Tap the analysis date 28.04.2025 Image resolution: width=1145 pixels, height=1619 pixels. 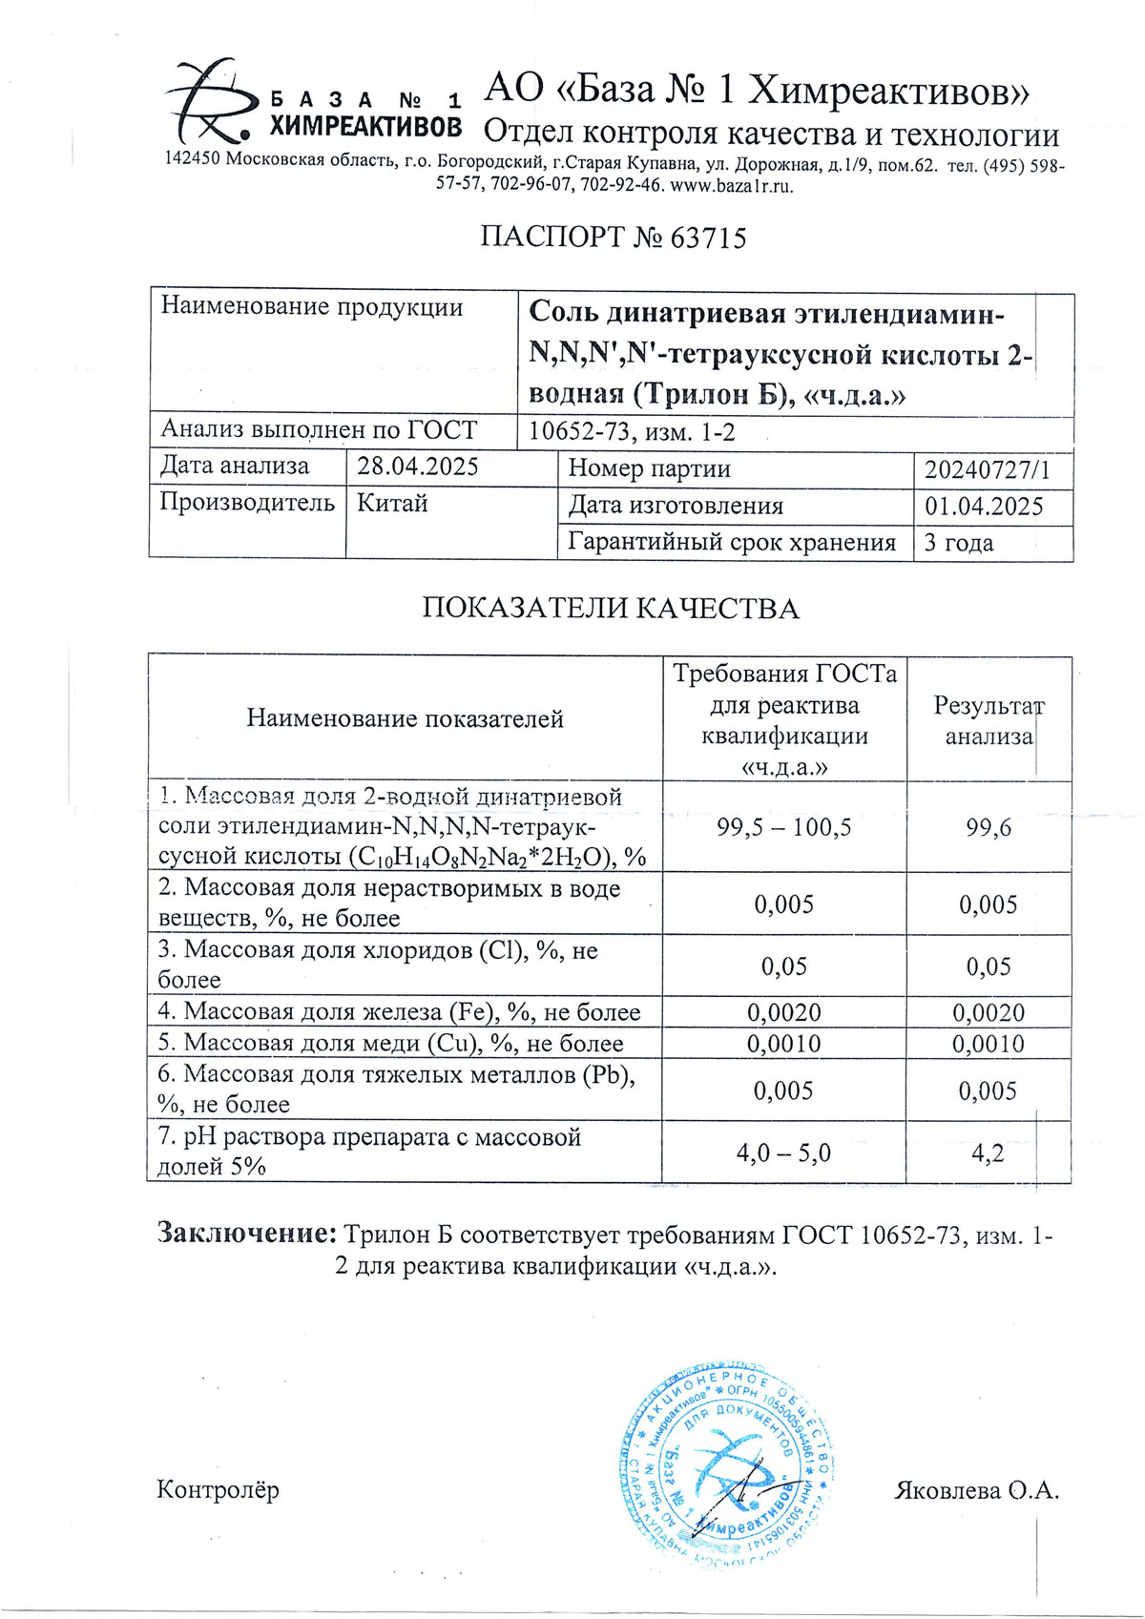coord(418,467)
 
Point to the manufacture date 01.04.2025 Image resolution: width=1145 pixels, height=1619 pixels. coord(984,507)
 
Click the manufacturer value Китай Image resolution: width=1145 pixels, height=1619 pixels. coord(392,503)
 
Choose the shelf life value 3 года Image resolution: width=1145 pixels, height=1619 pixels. coord(959,543)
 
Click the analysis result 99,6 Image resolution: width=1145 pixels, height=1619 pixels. coord(989,827)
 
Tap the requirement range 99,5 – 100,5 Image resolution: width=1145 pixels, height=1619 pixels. coord(783,827)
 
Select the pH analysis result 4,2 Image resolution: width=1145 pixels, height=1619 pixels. coord(988,1152)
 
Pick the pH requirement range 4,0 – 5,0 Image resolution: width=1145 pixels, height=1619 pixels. coord(783,1152)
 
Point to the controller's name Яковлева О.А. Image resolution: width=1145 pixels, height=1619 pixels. coord(976,1490)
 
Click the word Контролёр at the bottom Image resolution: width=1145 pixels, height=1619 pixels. coord(218,1489)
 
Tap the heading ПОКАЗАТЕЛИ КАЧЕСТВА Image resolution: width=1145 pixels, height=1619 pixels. coord(611,609)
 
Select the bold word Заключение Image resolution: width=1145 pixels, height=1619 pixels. coord(246,1234)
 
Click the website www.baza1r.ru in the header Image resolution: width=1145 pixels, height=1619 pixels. coord(732,186)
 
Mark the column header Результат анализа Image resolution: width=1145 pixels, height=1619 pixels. coord(989,721)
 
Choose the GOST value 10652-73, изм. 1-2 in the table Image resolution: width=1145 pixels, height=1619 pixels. coord(632,432)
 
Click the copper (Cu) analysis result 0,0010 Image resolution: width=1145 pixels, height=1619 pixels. coord(989,1044)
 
